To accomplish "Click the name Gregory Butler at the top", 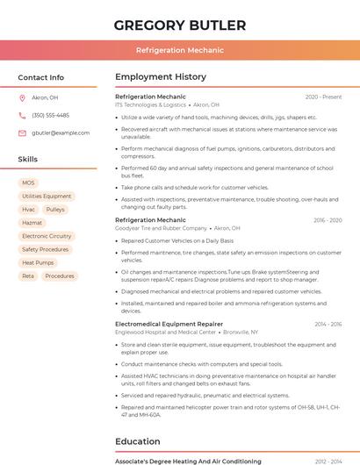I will (180, 25).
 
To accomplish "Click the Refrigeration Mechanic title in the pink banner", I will (180, 50).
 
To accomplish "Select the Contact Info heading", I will (41, 77).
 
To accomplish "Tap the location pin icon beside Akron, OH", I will (22, 98).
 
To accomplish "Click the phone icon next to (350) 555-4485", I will (22, 116).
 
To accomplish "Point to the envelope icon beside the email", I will (22, 133).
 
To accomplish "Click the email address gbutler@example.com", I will (61, 133).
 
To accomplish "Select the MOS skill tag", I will (28, 183).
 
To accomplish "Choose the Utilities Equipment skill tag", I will (47, 197).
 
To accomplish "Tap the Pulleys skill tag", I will (55, 210).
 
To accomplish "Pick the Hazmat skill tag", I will (32, 223).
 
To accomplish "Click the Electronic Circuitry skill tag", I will (47, 236).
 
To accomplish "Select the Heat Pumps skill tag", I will (38, 262).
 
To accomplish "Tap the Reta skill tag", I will (28, 275).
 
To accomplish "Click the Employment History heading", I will (161, 77).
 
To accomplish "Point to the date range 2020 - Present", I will (323, 97).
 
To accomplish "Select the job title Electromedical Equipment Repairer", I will (169, 324).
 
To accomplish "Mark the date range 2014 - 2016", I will (328, 324).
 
